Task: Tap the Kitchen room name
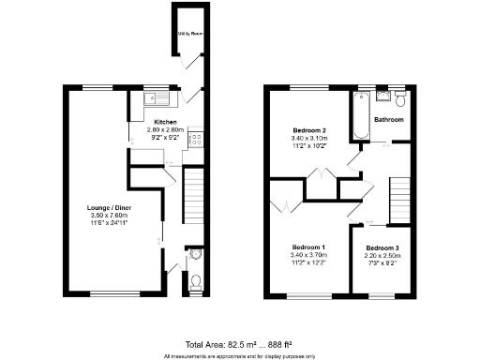pos(165,122)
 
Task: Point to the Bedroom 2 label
pos(309,129)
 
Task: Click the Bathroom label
pos(389,121)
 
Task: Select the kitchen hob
pos(197,140)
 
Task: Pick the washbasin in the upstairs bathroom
pos(384,96)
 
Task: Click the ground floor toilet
pos(194,281)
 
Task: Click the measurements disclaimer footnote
pos(240,356)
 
